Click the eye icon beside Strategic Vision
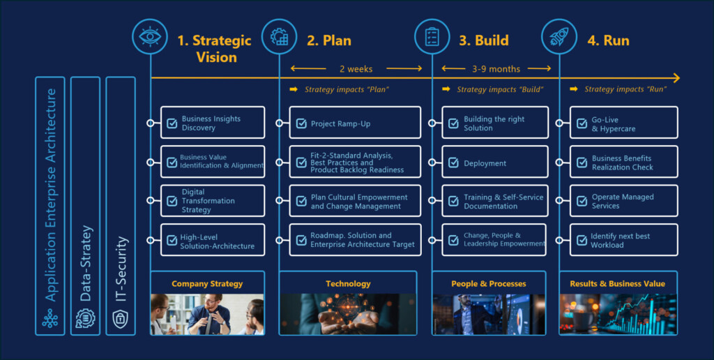pos(150,36)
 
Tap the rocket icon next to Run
pos(559,36)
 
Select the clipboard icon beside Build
pos(432,36)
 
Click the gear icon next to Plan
pos(279,36)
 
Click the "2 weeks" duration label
pos(356,69)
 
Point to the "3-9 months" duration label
pos(496,69)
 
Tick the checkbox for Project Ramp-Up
pos(301,123)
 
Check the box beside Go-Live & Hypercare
pos(582,123)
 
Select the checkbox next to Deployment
pos(453,163)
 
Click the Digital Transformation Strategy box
pos(213,200)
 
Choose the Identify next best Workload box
pos(623,240)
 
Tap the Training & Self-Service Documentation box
pos(495,200)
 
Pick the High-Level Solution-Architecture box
pos(213,240)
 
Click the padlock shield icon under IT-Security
pos(120,319)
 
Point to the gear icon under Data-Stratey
pos(85,319)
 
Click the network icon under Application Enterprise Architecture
pos(50,319)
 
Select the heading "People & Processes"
pos(489,284)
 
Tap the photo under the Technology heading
pos(348,315)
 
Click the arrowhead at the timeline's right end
pos(676,78)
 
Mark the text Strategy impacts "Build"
pos(500,89)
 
